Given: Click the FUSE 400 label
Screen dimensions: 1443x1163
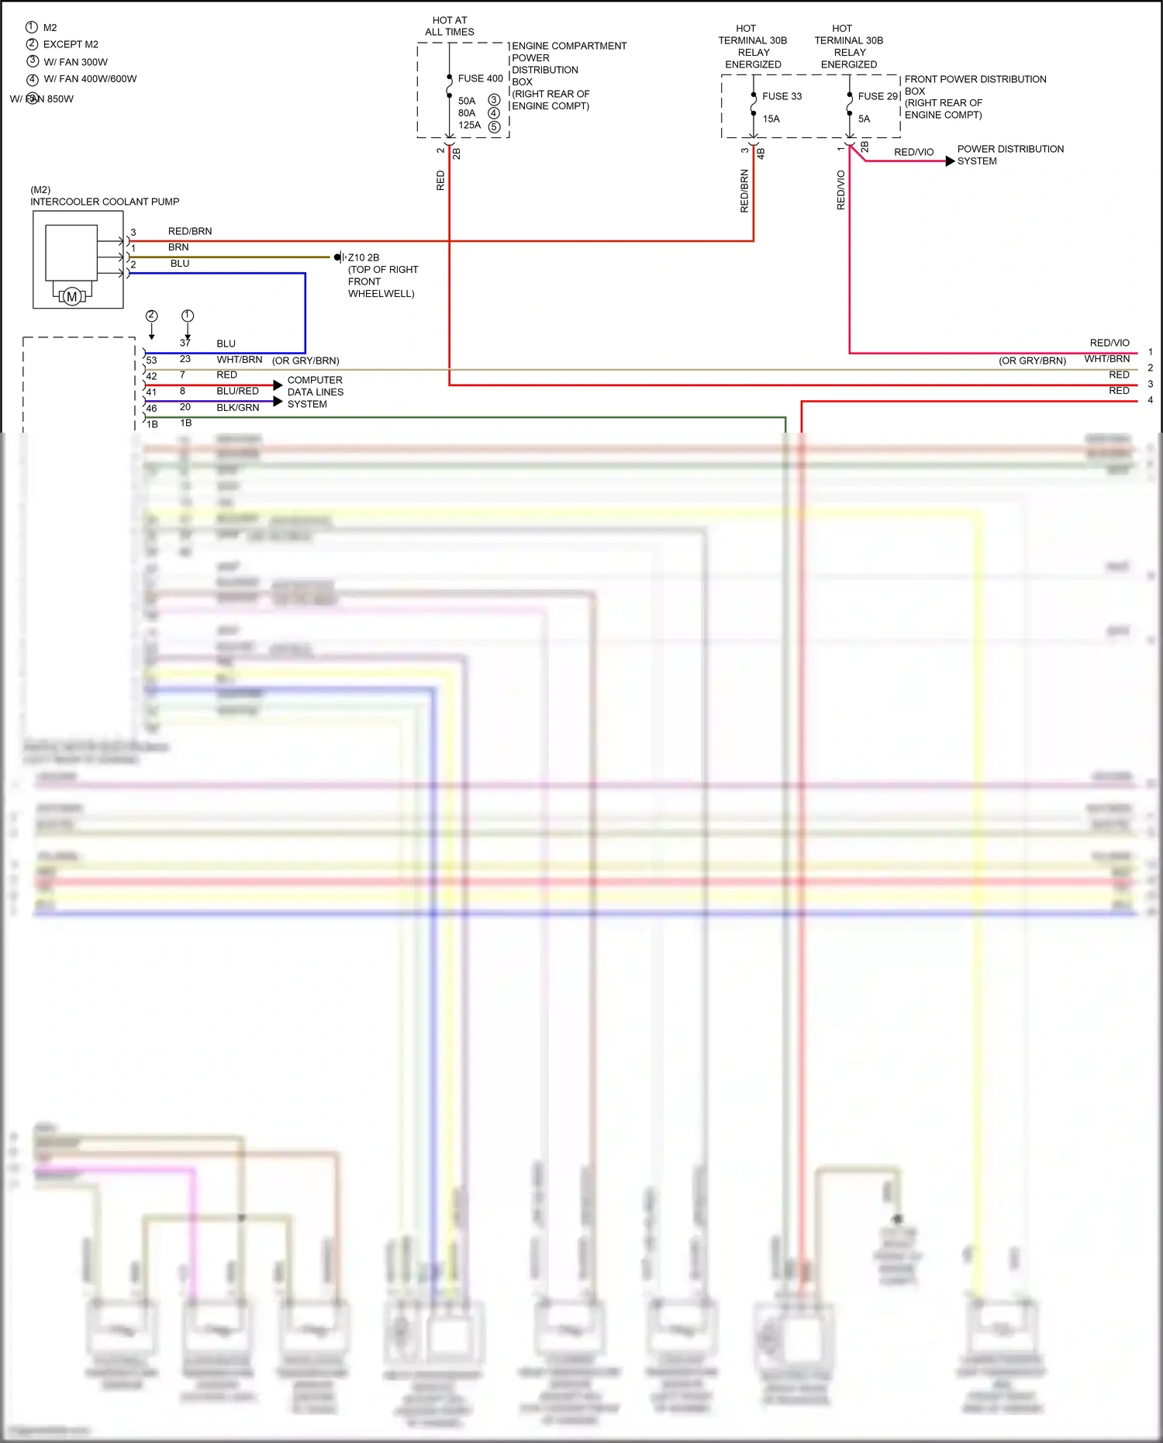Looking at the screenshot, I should coord(480,78).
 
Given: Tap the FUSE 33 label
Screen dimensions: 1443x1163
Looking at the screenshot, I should coord(782,96).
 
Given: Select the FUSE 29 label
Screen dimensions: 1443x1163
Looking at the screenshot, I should coord(878,96).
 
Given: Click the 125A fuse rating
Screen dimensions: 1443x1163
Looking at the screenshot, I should coord(469,125).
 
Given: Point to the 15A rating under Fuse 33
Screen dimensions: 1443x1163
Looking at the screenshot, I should coord(771,119).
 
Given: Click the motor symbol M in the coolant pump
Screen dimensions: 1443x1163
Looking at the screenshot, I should coord(72,296).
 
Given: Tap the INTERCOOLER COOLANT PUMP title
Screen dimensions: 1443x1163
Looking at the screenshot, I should coord(105,202).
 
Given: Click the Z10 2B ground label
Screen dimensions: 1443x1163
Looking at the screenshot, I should coord(363,257).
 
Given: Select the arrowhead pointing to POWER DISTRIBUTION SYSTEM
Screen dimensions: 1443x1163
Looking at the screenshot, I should coord(950,161).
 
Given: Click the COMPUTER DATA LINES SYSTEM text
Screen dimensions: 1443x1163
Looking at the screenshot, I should coord(315,392).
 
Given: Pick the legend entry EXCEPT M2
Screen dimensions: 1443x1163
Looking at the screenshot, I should coord(71,44).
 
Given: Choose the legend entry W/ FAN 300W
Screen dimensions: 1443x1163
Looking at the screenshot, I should coord(75,62).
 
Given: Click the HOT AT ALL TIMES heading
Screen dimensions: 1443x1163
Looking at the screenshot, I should coord(450,26).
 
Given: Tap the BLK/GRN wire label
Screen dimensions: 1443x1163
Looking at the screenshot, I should coord(237,408).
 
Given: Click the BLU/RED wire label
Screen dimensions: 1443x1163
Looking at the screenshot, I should coord(237,392).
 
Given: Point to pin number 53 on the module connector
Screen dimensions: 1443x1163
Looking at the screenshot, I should coord(151,361).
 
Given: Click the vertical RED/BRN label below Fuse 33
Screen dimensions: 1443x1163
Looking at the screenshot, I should coord(744,191).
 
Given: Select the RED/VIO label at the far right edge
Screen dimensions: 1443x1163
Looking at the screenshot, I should coord(1110,343).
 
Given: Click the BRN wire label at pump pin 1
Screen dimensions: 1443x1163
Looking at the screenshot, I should coord(178,247).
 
